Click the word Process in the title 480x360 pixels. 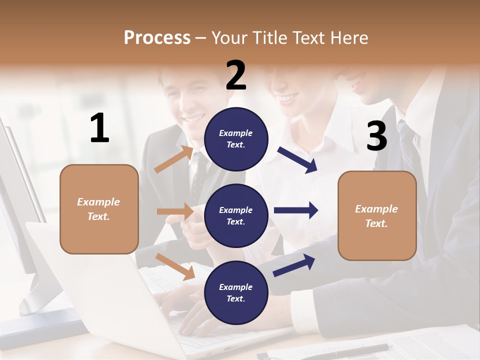pyautogui.click(x=157, y=37)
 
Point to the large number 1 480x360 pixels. pyautogui.click(x=99, y=128)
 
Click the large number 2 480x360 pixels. pyautogui.click(x=236, y=75)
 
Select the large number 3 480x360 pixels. pyautogui.click(x=376, y=136)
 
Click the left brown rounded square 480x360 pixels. pyautogui.click(x=99, y=209)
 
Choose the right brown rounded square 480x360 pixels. pyautogui.click(x=377, y=216)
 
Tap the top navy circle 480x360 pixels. pyautogui.click(x=236, y=138)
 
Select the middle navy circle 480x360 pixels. pyautogui.click(x=236, y=215)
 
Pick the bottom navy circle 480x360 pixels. pyautogui.click(x=236, y=292)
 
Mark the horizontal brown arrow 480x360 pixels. pyautogui.click(x=175, y=211)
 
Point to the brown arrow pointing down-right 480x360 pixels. pyautogui.click(x=175, y=266)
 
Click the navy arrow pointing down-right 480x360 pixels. pyautogui.click(x=298, y=160)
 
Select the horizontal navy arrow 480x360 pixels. pyautogui.click(x=295, y=210)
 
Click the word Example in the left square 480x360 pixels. pyautogui.click(x=98, y=202)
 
